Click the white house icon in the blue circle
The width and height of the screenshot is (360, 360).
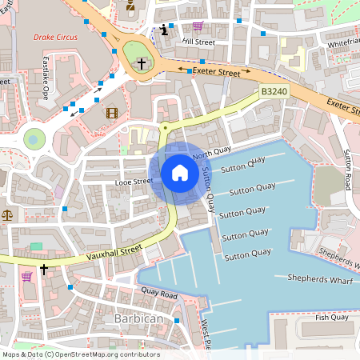[179, 172]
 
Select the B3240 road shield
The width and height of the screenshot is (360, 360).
[273, 93]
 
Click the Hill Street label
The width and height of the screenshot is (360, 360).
[198, 40]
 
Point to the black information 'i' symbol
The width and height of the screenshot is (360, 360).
[166, 30]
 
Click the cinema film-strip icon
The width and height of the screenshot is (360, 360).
[111, 113]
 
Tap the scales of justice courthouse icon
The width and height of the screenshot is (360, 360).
[7, 214]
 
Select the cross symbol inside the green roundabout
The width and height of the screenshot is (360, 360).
[142, 62]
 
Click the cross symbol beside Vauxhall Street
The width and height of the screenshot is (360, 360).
[44, 270]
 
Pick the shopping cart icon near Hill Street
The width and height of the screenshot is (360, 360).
[198, 26]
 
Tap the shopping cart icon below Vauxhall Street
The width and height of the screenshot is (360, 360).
[26, 277]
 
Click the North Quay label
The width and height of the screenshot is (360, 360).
[212, 152]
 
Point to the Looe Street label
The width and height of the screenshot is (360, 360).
[133, 182]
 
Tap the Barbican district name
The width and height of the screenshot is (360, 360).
[138, 318]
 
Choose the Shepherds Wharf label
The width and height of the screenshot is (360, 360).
[322, 278]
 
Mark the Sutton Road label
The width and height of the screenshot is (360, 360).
[348, 168]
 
